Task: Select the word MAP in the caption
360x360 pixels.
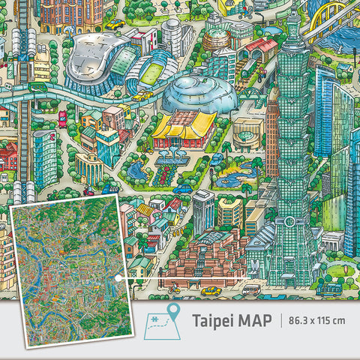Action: click(256, 319)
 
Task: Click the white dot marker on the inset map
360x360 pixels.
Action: click(118, 278)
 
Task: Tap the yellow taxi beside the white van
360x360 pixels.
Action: click(212, 290)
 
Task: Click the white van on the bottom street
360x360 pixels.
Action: click(251, 289)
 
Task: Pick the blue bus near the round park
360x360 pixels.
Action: click(330, 287)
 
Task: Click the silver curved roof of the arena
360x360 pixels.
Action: click(97, 60)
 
